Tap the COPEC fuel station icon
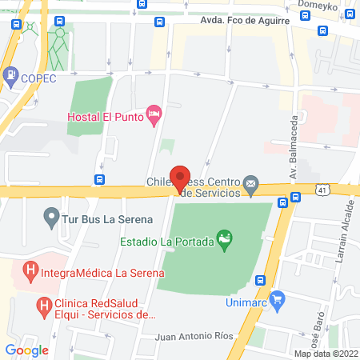(x=10, y=77)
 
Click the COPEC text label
(x=39, y=78)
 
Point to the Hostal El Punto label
(x=104, y=117)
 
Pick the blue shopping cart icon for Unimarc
(x=278, y=300)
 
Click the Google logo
(x=26, y=349)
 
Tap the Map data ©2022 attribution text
(x=325, y=354)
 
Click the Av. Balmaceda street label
(x=293, y=152)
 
